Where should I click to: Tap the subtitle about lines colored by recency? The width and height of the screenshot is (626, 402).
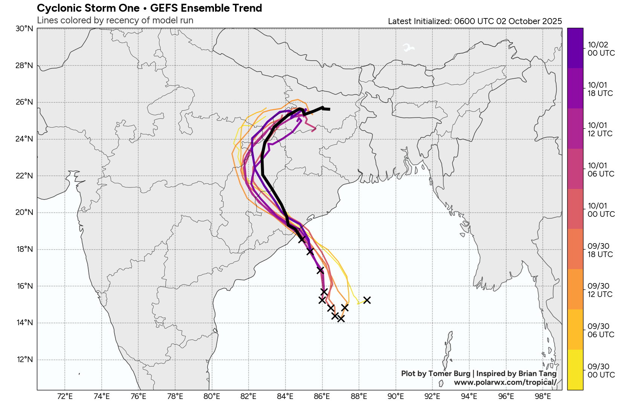tap(115, 20)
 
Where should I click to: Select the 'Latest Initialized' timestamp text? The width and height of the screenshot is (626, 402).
tap(475, 21)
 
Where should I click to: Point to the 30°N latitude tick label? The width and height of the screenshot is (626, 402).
tap(24, 29)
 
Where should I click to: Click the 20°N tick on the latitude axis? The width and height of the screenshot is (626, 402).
tap(24, 212)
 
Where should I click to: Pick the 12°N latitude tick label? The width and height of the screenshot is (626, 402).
tap(24, 359)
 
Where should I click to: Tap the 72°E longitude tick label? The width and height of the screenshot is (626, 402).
tap(65, 396)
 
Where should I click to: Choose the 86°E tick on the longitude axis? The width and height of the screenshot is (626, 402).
tap(322, 396)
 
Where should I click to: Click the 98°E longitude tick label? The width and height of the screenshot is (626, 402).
tap(543, 396)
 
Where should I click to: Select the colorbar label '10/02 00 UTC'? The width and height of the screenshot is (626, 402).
tap(601, 49)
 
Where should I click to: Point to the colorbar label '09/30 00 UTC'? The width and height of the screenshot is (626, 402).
tap(601, 371)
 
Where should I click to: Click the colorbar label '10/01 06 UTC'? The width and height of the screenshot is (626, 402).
tap(601, 170)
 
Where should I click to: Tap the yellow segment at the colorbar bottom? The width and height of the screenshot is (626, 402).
tap(575, 370)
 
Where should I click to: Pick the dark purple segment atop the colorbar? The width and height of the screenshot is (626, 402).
tap(575, 48)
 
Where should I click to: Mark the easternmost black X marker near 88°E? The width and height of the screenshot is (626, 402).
tap(367, 300)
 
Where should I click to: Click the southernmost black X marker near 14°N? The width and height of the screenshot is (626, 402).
tap(341, 319)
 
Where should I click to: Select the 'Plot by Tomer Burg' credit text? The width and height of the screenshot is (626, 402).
tap(435, 373)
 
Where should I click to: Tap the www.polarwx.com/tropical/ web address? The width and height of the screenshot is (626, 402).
tap(505, 382)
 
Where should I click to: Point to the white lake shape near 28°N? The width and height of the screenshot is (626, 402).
tap(408, 48)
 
